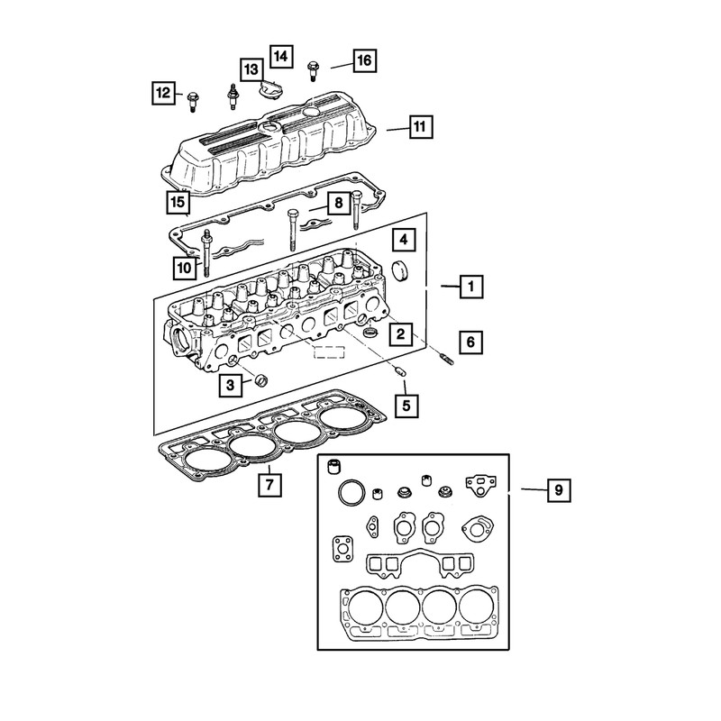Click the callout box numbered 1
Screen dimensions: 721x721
471,287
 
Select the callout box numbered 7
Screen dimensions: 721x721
269,484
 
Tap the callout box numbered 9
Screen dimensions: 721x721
559,490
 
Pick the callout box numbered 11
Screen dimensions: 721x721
421,126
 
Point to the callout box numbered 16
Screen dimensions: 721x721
365,60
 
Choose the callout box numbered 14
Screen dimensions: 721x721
281,57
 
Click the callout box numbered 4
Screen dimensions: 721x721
404,240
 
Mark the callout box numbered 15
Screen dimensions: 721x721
178,202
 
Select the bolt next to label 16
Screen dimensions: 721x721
313,71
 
